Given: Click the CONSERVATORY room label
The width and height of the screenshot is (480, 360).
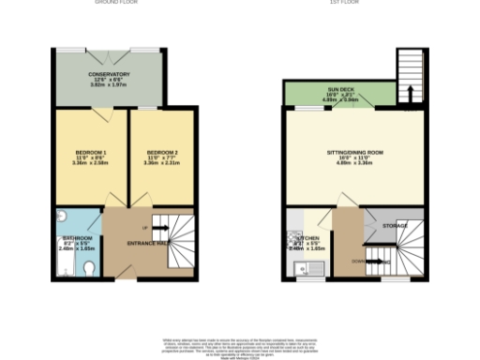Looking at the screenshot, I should pos(110,74).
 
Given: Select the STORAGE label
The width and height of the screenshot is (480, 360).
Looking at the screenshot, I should pos(395,226).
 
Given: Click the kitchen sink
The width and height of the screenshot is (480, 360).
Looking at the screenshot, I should pos(301,272).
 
